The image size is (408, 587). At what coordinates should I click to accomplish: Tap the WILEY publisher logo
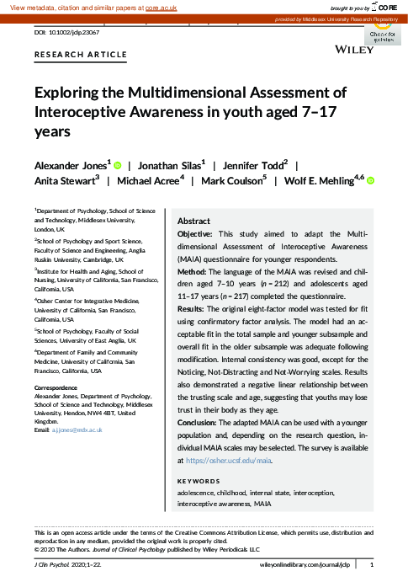click(x=354, y=51)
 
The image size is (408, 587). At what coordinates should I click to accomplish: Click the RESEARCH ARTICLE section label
click(x=81, y=55)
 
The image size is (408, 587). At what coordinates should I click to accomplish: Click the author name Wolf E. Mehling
click(x=321, y=181)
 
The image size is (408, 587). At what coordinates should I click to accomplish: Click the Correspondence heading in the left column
click(x=58, y=388)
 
